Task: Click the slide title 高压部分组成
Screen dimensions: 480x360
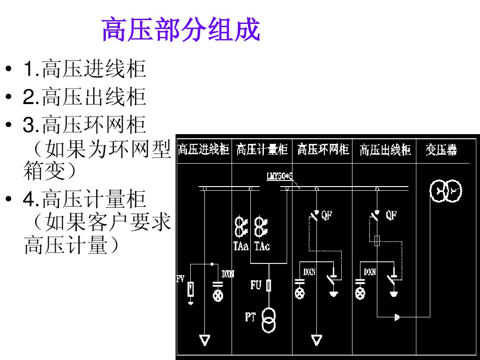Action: (x=180, y=30)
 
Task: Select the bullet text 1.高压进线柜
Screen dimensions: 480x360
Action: (x=85, y=69)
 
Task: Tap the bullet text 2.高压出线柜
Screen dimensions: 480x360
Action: (x=85, y=97)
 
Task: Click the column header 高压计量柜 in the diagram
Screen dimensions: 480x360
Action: (x=262, y=150)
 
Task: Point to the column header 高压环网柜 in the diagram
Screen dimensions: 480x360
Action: (x=323, y=150)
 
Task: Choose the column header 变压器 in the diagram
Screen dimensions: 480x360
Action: (x=441, y=150)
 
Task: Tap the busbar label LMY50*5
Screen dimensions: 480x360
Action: (x=280, y=177)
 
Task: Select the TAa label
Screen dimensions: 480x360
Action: (x=241, y=246)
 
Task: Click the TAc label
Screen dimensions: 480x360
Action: (x=262, y=246)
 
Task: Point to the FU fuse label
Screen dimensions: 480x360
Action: (x=256, y=285)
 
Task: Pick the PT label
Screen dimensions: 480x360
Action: (x=250, y=317)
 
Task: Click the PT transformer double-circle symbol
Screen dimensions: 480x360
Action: (x=269, y=320)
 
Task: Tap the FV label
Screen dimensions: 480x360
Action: (x=180, y=279)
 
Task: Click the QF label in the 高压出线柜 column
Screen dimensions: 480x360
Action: (x=391, y=215)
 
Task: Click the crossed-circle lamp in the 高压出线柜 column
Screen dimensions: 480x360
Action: (x=360, y=293)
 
